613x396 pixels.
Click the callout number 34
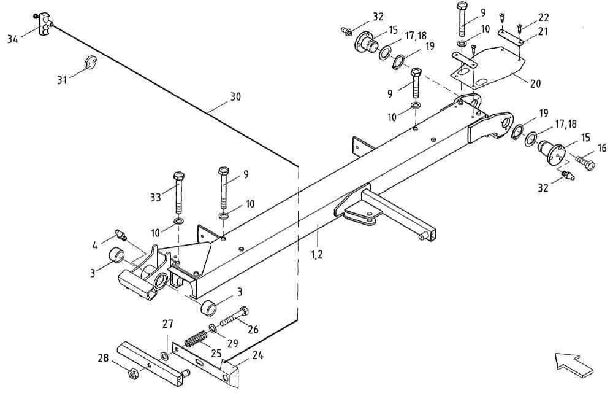point(13,39)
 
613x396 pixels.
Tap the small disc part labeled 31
point(91,62)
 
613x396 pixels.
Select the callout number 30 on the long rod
point(235,96)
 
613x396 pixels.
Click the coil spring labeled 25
point(196,339)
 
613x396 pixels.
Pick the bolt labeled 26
point(235,316)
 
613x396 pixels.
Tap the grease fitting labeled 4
point(121,235)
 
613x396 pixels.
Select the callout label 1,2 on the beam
point(317,255)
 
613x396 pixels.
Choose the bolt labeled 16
point(585,161)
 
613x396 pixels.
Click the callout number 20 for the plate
point(535,83)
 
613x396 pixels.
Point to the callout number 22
point(543,18)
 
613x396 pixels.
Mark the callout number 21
point(543,31)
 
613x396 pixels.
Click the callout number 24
point(257,355)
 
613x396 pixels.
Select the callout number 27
point(168,324)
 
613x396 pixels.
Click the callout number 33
point(156,197)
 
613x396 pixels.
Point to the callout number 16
point(602,148)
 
